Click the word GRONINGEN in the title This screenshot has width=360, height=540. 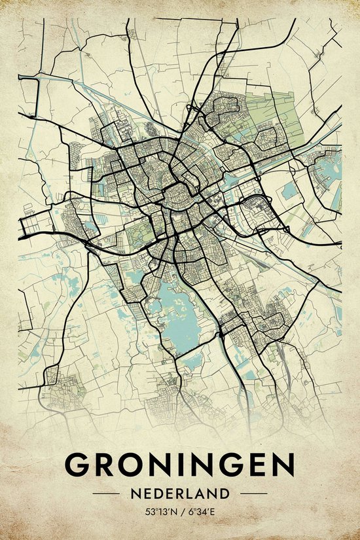180,465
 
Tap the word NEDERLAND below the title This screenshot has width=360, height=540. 180,493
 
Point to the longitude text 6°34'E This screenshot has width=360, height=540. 201,511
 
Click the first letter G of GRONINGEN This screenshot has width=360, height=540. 80,465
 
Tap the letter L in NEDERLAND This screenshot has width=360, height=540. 197,493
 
